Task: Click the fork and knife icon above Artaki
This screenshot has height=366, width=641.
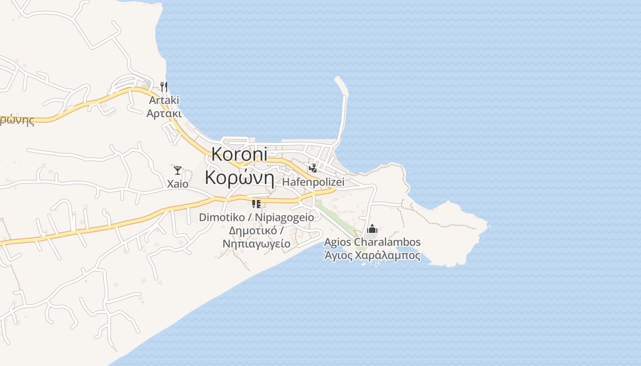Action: click(164, 86)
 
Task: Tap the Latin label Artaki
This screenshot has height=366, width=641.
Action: click(164, 100)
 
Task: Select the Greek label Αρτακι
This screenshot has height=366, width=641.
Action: click(164, 113)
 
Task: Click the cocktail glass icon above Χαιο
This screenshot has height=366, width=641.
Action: click(177, 171)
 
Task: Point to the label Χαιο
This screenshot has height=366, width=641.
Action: click(177, 183)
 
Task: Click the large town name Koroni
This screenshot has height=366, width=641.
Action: click(239, 154)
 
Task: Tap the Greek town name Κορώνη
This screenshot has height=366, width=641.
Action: click(239, 177)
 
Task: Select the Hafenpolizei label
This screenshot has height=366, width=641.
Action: click(313, 182)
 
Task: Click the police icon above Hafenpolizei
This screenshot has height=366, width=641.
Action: click(313, 168)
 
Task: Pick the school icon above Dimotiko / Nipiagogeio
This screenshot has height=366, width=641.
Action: click(256, 204)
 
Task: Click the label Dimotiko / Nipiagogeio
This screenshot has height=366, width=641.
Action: click(256, 217)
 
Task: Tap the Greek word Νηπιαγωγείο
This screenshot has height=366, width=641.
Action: click(256, 243)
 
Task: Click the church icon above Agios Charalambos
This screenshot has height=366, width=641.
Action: click(372, 228)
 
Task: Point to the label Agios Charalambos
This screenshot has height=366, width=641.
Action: click(372, 242)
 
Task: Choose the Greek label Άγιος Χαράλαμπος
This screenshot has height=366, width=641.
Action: click(372, 255)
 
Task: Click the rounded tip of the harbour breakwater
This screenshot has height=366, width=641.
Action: click(339, 81)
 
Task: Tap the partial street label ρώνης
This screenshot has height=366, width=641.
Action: click(17, 120)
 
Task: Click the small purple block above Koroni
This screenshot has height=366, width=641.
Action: click(236, 147)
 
